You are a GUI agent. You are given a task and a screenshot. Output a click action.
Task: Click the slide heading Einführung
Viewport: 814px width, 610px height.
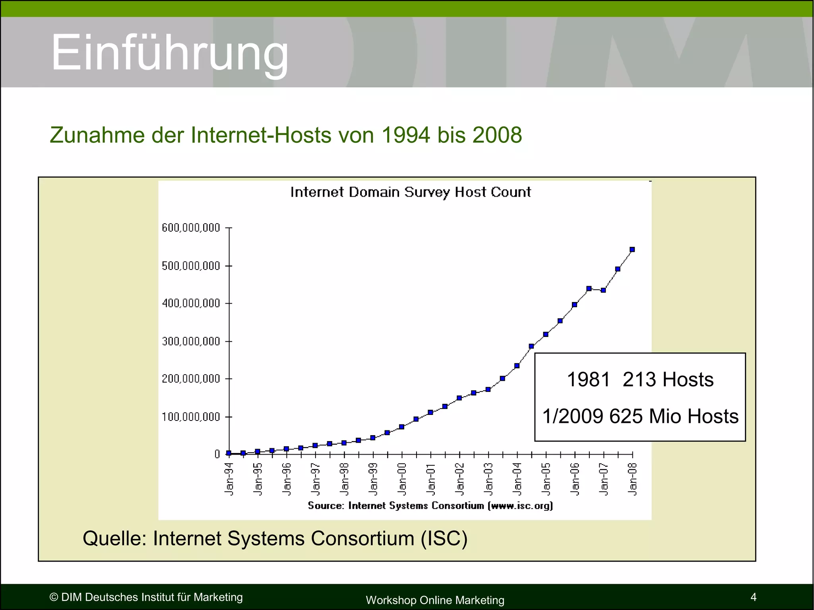170,52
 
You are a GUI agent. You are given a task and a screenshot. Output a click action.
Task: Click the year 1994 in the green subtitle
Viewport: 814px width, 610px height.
405,135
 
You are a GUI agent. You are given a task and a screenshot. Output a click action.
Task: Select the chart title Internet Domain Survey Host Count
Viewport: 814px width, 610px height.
410,192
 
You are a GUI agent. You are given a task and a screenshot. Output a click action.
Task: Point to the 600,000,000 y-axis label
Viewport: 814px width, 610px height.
191,228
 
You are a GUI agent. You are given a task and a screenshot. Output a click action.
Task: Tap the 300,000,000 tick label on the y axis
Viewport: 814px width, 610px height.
191,341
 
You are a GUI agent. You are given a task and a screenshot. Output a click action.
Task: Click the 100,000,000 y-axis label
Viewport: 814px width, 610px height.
191,417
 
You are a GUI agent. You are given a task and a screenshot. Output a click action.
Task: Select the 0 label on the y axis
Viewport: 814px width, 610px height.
217,454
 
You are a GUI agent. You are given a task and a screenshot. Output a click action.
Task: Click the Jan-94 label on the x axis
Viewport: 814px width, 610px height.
229,479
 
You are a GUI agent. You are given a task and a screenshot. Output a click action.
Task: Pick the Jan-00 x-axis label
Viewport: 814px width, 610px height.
402,479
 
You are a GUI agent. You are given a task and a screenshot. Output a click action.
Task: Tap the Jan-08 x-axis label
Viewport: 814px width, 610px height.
632,479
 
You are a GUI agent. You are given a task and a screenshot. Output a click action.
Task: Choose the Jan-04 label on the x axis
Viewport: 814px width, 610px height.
517,479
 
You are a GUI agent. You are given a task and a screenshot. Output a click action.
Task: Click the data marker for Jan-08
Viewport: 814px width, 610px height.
632,250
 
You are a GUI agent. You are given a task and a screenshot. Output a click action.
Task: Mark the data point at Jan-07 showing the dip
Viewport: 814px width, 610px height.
603,290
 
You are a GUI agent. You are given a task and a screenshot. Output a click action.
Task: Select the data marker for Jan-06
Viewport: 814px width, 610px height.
574,305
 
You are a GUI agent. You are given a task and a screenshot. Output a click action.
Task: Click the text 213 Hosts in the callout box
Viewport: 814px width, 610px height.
668,380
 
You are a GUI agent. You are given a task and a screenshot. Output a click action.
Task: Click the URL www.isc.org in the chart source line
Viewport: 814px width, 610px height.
521,506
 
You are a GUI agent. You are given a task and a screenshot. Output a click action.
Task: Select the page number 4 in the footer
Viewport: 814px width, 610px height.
753,597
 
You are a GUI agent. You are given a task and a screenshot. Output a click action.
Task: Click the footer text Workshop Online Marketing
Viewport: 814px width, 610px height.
435,600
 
